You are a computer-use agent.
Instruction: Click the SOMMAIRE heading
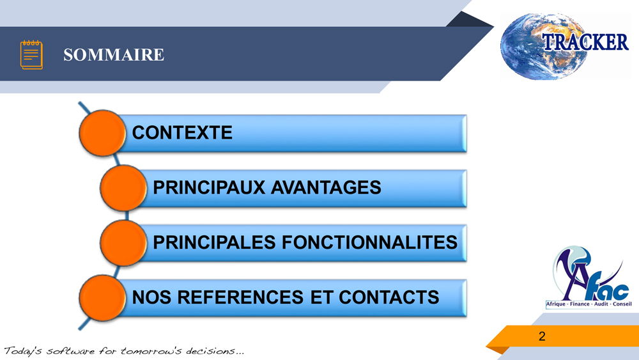(x=114, y=54)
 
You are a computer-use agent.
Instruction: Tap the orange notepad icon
(x=31, y=54)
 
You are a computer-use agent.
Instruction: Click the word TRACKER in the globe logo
(x=585, y=42)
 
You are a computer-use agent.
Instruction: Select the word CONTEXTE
(x=182, y=132)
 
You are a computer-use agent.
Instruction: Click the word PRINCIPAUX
(x=209, y=187)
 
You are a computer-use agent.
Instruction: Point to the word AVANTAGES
(x=326, y=187)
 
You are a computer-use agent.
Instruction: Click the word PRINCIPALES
(x=214, y=242)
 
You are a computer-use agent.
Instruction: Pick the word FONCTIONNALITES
(x=369, y=242)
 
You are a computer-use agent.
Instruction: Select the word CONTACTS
(x=389, y=297)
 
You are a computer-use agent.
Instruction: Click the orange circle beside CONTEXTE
(x=102, y=133)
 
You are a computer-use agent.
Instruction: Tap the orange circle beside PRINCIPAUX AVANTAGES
(x=123, y=188)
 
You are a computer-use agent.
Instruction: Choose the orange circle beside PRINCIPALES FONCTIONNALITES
(x=123, y=242)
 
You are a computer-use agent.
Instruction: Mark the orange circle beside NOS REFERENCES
(x=102, y=297)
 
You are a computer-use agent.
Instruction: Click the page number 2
(x=542, y=336)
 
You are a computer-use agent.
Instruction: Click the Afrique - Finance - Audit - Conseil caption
(x=589, y=304)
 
